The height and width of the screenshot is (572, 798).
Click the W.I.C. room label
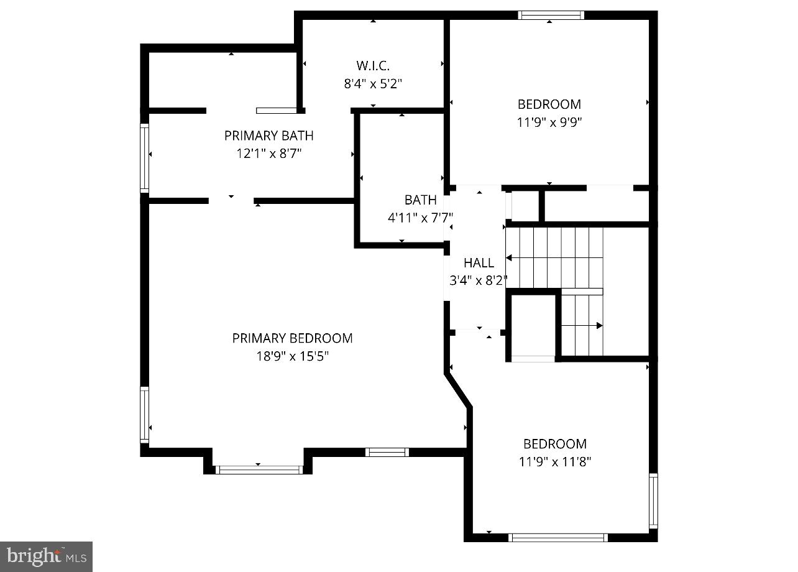point(373,65)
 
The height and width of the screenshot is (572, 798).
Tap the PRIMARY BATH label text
point(268,136)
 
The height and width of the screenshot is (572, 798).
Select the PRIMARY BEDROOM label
point(292,338)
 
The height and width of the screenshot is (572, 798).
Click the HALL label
point(479,263)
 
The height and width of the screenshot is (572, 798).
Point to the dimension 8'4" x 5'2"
point(373,83)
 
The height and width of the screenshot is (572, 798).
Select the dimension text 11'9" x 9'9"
point(549,122)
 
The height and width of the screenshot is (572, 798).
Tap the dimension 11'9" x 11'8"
point(555,462)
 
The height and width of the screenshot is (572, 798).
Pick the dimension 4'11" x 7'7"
point(420,218)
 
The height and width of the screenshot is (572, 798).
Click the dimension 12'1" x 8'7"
point(268,154)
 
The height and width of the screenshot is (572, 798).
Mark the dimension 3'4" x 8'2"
point(479,280)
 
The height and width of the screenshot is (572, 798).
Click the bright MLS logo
point(46,556)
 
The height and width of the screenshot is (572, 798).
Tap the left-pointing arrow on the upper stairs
point(509,257)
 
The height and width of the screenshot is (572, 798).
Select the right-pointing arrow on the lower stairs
point(599,325)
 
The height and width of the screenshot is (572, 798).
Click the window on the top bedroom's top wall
point(551,15)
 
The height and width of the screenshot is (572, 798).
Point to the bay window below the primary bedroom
point(258,469)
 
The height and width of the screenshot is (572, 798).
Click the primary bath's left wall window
point(145,157)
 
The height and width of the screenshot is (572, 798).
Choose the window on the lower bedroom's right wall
point(653,500)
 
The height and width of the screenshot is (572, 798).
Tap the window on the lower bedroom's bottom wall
point(557,537)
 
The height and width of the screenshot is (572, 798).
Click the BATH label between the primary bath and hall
point(420,200)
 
